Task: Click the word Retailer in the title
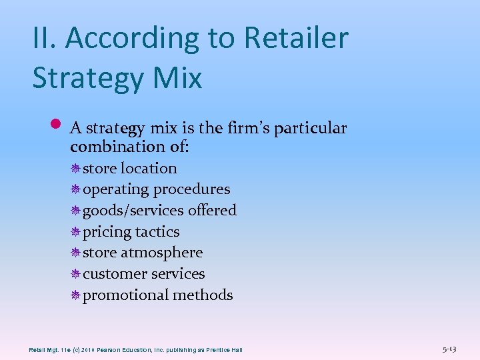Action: coord(296,37)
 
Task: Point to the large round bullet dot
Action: coord(56,124)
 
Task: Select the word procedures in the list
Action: coord(191,189)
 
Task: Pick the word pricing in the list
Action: coord(107,232)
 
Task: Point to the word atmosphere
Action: coord(161,253)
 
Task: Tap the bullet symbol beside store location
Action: coord(76,169)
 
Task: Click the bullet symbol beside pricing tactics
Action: coord(76,232)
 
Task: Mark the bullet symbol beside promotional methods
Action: coord(76,295)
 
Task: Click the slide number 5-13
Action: coord(449,349)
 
